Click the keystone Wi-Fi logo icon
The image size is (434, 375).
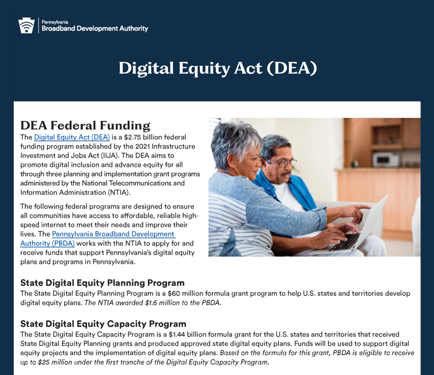point(26,25)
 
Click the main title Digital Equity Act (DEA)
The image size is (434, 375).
point(218,68)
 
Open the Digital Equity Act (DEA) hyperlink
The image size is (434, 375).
point(72,137)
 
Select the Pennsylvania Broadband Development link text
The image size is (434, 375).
point(114,234)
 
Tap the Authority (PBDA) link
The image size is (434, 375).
point(47,244)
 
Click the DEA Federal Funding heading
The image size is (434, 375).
point(85,125)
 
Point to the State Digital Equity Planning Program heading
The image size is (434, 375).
point(103,283)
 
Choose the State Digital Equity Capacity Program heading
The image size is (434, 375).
point(103,324)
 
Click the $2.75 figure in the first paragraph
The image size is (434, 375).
point(133,137)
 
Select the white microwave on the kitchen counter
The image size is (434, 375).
point(386,160)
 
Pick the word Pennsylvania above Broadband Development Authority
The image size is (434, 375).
point(55,22)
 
